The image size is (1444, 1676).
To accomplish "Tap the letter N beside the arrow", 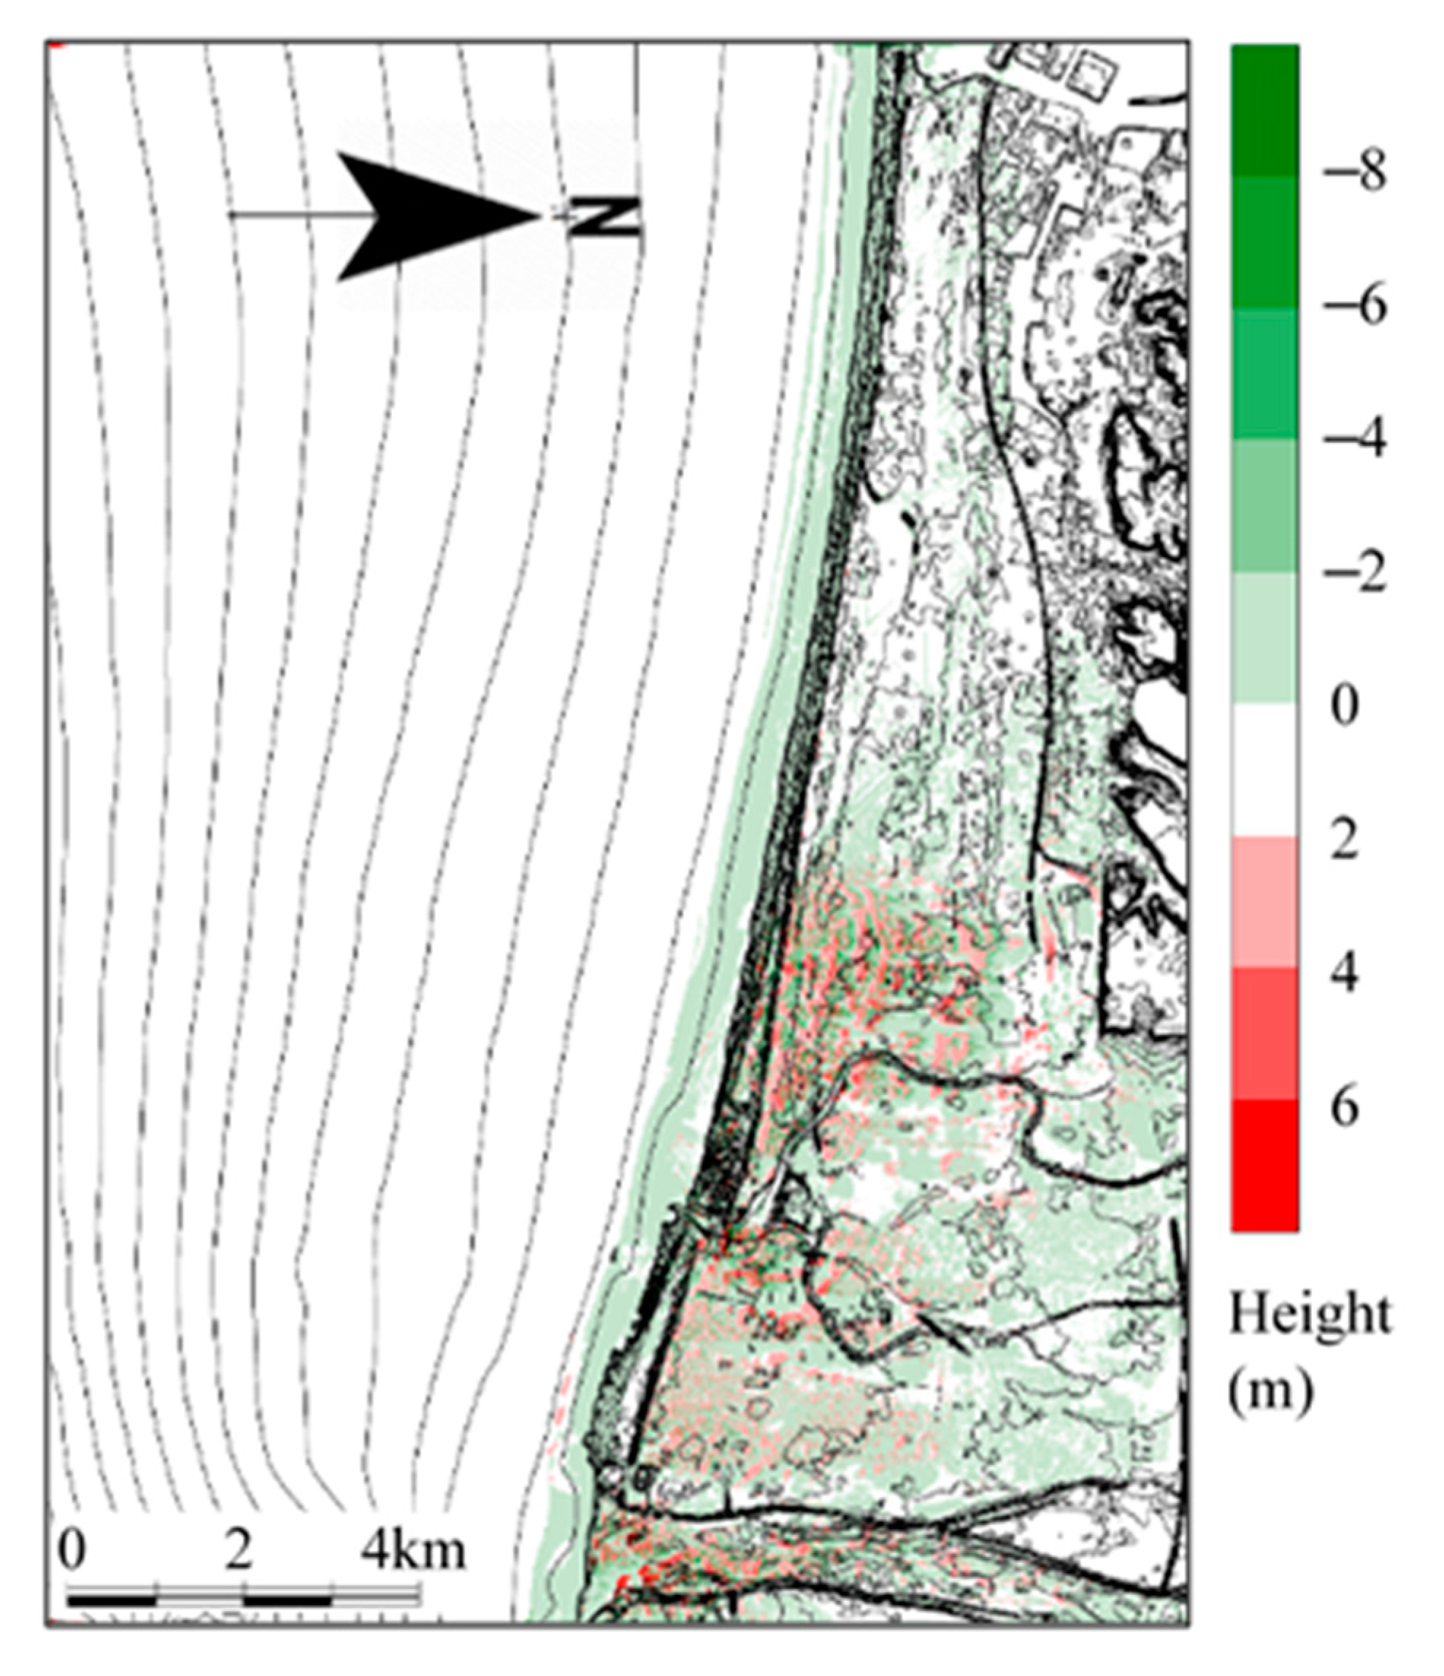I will point(604,216).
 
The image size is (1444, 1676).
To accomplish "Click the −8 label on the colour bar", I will point(1353,172).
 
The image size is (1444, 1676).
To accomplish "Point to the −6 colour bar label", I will point(1353,306).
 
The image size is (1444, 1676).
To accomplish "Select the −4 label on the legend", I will point(1353,439).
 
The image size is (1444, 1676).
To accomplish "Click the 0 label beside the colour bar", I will point(1344,708).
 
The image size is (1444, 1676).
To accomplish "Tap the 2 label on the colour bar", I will point(1344,840).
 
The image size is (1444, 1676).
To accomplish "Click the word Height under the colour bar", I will point(1310,1317).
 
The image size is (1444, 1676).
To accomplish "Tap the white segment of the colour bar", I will point(1265,769).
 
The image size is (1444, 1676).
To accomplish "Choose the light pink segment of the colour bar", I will point(1265,902).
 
